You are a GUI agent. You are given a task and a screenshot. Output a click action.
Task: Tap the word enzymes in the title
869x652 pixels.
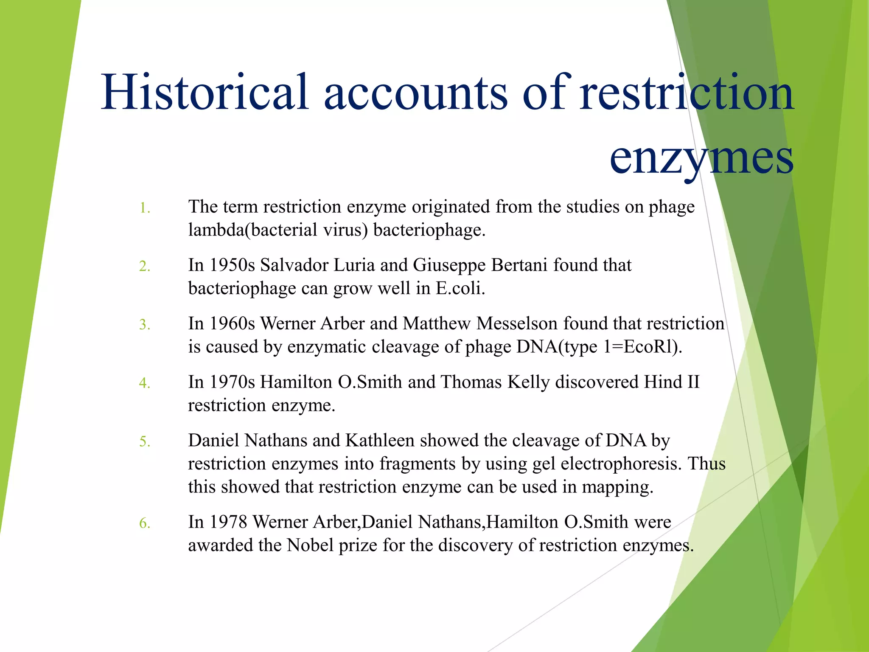(x=701, y=157)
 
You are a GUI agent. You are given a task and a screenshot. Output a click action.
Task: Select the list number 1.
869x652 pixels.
(x=145, y=208)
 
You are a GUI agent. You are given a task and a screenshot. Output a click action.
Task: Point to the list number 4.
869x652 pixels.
(x=145, y=383)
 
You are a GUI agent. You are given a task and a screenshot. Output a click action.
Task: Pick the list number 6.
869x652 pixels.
(x=145, y=523)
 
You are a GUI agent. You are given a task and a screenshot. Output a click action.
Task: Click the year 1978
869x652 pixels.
(x=228, y=522)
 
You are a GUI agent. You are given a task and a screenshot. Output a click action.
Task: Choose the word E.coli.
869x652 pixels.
(x=460, y=289)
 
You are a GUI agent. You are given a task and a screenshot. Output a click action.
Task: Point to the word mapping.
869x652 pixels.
(x=617, y=487)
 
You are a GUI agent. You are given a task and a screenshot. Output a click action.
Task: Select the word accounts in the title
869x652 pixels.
(x=416, y=92)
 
